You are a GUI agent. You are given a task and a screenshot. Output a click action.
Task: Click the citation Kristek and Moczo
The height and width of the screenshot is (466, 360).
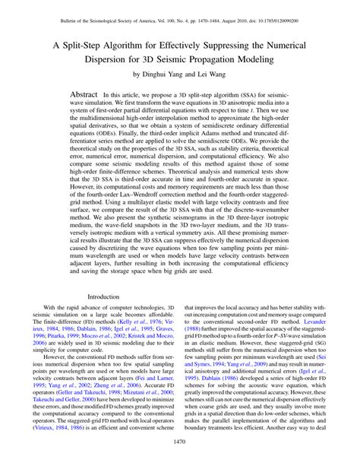pyautogui.click(x=150, y=334)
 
